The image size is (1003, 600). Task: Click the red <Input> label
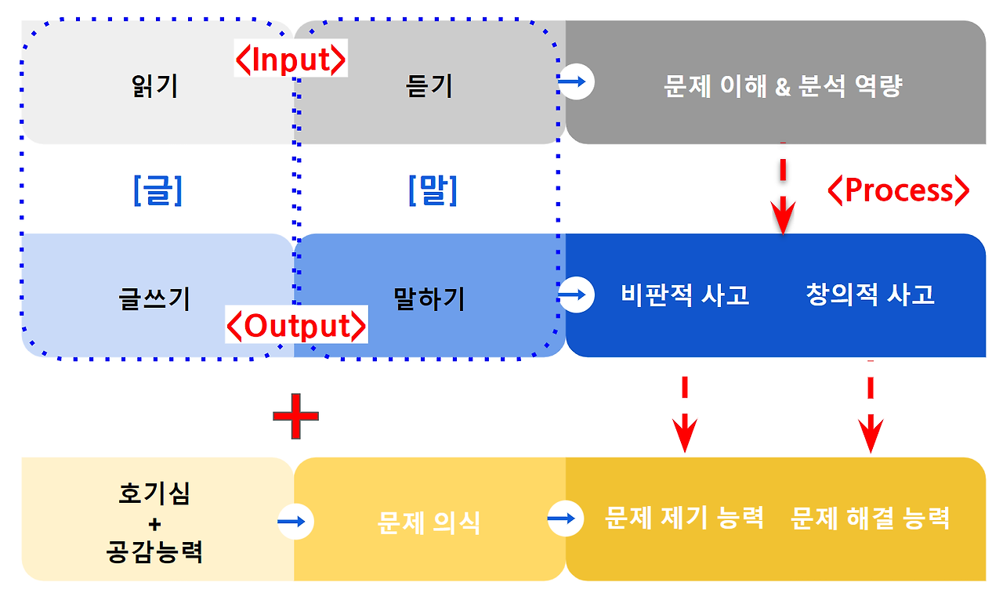[291, 60]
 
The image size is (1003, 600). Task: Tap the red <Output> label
[297, 326]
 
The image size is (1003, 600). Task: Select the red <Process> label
[899, 190]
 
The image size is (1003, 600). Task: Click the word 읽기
[156, 85]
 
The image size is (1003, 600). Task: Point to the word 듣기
[429, 85]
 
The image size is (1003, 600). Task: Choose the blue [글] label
[158, 190]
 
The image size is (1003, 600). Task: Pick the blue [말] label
[433, 190]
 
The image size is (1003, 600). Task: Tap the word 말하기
[429, 298]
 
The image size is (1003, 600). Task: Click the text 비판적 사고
[685, 295]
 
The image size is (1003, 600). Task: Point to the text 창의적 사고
[870, 295]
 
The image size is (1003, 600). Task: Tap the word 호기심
[154, 494]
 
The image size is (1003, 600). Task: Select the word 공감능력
[154, 552]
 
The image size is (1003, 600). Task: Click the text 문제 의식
[429, 522]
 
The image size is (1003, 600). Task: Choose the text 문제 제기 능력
[684, 518]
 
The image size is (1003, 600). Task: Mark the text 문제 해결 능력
[870, 518]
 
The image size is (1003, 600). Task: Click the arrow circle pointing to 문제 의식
[295, 521]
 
